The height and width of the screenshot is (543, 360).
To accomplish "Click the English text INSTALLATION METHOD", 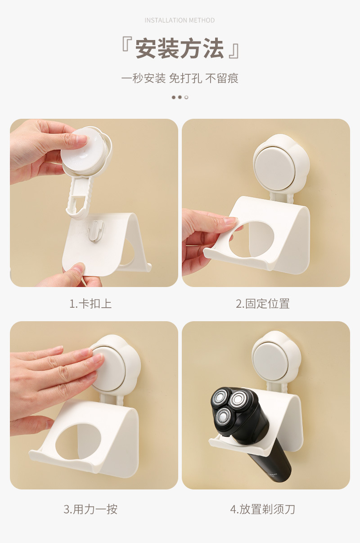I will tap(180, 20).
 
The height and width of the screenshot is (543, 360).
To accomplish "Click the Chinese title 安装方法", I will tap(180, 49).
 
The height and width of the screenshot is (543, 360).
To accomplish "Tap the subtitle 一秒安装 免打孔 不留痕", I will tap(180, 78).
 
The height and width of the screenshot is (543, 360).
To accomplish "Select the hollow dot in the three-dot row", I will tap(186, 97).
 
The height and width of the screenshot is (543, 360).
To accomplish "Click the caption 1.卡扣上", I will tap(90, 304).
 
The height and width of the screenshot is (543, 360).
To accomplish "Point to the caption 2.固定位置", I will tap(263, 304).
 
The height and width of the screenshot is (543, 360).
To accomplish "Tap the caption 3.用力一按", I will tap(90, 509).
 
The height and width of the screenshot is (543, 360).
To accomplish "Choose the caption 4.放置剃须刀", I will tap(263, 509).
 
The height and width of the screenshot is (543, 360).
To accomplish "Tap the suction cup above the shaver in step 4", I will tap(270, 360).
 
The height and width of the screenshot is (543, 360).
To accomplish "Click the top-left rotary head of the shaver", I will tap(220, 398).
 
